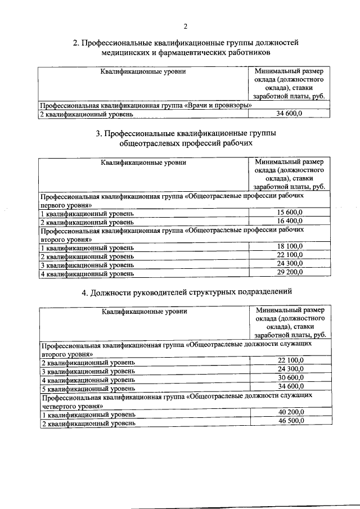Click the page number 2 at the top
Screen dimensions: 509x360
tap(184, 26)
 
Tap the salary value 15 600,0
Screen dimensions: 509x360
tap(290, 212)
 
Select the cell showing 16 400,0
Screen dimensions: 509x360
tap(290, 221)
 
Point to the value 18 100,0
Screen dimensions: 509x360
tap(290, 246)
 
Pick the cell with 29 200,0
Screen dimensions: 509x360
tap(290, 273)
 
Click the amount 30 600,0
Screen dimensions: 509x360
tap(290, 378)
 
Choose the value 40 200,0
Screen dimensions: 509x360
tap(290, 413)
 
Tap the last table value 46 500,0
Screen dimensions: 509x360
tap(290, 422)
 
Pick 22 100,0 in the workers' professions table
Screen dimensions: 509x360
tap(290, 255)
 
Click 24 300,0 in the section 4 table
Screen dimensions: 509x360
tap(290, 369)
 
